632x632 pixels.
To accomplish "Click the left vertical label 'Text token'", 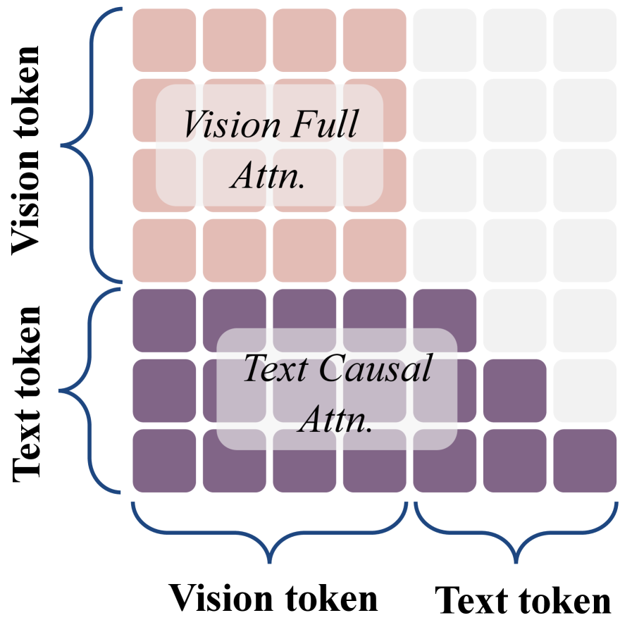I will pyautogui.click(x=27, y=393).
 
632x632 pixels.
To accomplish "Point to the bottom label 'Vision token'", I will pyautogui.click(x=273, y=598).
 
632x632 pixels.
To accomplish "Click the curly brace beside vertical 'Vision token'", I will pyautogui.click(x=92, y=145).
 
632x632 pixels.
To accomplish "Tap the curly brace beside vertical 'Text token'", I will pyautogui.click(x=92, y=390).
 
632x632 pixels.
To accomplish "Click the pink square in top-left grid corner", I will pyautogui.click(x=163, y=39).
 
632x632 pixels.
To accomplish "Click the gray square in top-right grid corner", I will pyautogui.click(x=585, y=39).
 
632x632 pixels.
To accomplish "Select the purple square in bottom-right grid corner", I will pyautogui.click(x=585, y=461).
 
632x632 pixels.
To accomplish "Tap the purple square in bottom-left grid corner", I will pyautogui.click(x=163, y=461).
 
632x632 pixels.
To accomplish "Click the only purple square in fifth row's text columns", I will pyautogui.click(x=445, y=320).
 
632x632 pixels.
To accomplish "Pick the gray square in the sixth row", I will pyautogui.click(x=585, y=390).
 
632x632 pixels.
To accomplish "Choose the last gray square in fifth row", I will pyautogui.click(x=585, y=320).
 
